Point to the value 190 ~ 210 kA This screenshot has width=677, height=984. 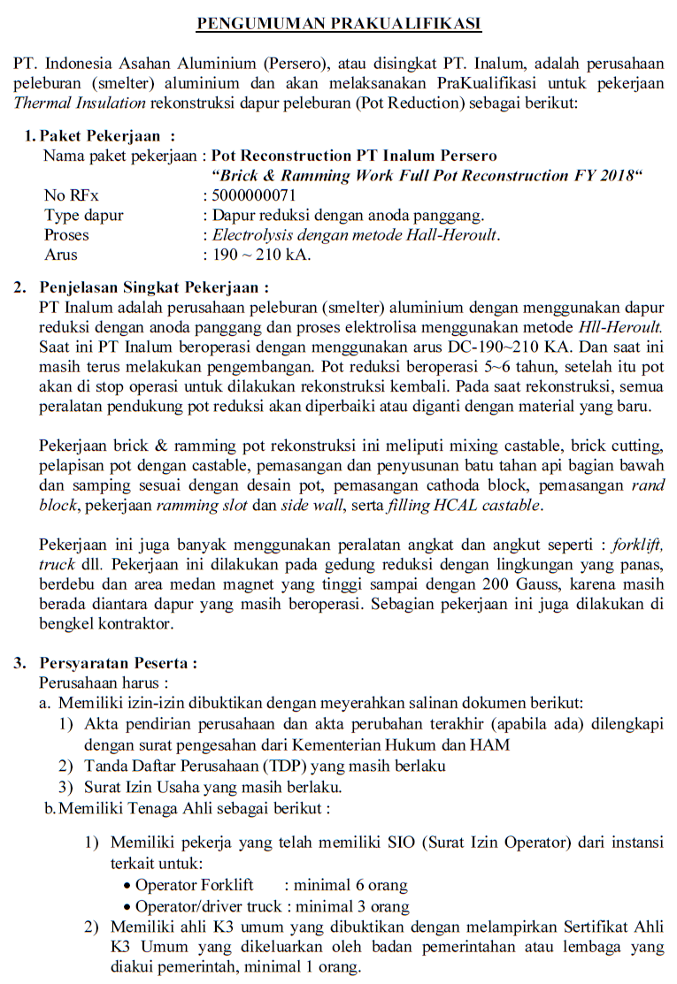coord(261,255)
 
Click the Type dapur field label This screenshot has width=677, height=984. coord(84,215)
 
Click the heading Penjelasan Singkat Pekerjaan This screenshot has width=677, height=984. coord(154,287)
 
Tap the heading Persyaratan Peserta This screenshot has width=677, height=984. coord(118,663)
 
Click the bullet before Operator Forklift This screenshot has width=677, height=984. coord(128,885)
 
